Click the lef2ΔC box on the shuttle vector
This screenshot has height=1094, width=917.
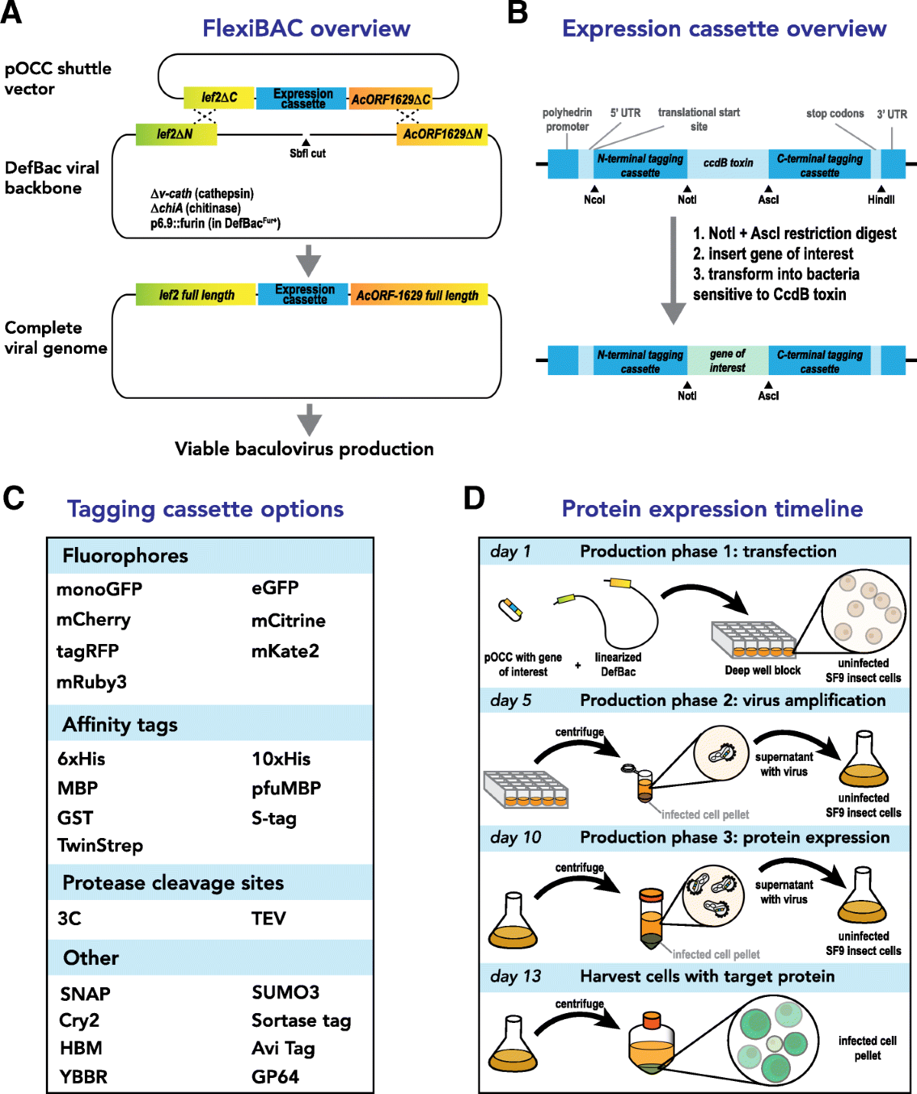click(x=219, y=98)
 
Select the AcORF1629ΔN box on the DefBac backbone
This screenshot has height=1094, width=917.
click(x=442, y=134)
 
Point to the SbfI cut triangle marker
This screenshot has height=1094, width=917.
click(x=306, y=143)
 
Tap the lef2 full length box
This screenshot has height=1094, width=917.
click(x=196, y=294)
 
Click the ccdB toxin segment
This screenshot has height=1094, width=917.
click(x=727, y=163)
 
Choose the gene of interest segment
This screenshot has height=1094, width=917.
click(x=727, y=361)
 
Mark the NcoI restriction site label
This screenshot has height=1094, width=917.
click(x=595, y=199)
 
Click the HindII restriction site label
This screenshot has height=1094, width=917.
click(x=881, y=199)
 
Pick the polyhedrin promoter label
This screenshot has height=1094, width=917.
click(x=567, y=119)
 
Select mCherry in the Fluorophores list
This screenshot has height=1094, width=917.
click(x=94, y=620)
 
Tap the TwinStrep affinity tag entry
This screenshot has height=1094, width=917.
click(x=100, y=846)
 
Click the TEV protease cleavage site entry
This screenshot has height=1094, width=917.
click(x=269, y=918)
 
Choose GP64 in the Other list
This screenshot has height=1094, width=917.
click(x=275, y=1076)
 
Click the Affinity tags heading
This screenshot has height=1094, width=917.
click(x=120, y=724)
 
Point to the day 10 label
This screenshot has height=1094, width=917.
click(x=516, y=837)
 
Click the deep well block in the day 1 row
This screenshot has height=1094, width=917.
click(x=753, y=639)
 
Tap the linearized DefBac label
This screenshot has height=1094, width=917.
click(x=618, y=665)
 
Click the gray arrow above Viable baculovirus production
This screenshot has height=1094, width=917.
click(x=309, y=419)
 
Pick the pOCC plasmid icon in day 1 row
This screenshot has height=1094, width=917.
click(x=510, y=610)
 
